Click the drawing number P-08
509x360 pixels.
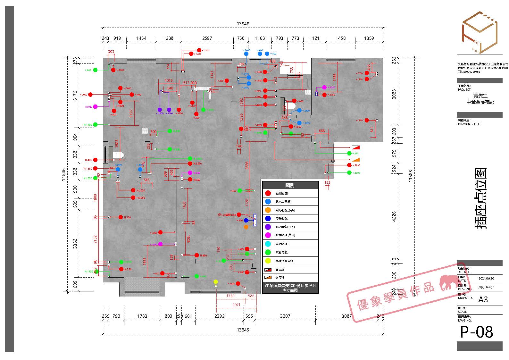[477, 332]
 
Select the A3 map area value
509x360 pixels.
[483, 299]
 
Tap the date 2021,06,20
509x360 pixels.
[486, 279]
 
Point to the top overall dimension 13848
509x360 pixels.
[243, 24]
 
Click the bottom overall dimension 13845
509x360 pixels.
[243, 330]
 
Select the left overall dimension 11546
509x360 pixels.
[63, 175]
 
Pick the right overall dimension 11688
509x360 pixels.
[411, 176]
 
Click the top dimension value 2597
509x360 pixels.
[207, 38]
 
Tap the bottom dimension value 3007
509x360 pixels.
[285, 316]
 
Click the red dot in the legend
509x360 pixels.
[268, 193]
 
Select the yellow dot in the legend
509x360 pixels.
[268, 261]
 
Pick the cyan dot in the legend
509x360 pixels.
[268, 244]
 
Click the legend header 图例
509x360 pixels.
[290, 185]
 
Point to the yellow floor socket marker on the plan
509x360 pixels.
[216, 282]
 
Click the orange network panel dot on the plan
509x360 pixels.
[246, 227]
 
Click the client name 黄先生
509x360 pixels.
[480, 96]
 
